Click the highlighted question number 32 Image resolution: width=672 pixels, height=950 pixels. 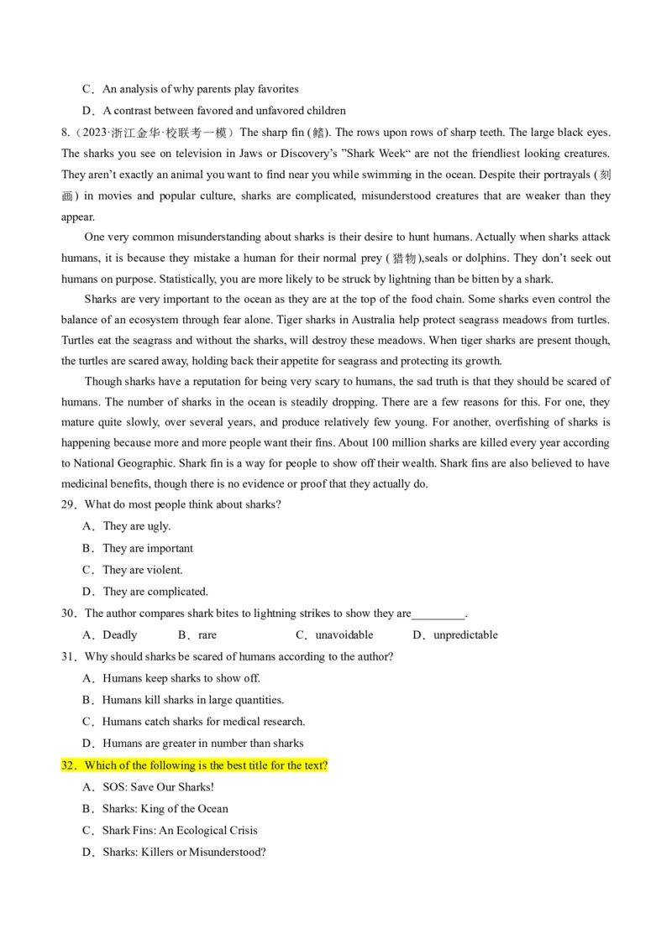pyautogui.click(x=71, y=765)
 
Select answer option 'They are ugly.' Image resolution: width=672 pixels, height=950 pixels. pyautogui.click(x=136, y=526)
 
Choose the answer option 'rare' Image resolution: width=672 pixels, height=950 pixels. pyautogui.click(x=207, y=634)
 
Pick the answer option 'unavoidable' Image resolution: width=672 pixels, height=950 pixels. pyautogui.click(x=344, y=634)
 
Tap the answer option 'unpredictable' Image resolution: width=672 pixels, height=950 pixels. pyautogui.click(x=465, y=634)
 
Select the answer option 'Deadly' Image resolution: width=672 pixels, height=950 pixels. pyautogui.click(x=119, y=634)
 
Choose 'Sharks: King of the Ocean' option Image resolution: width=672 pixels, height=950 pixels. pyautogui.click(x=165, y=809)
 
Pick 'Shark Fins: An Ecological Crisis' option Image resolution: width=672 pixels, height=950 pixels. pyautogui.click(x=180, y=831)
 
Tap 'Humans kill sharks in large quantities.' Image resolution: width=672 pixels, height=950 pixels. pyautogui.click(x=193, y=700)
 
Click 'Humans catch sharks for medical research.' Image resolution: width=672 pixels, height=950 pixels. pyautogui.click(x=203, y=722)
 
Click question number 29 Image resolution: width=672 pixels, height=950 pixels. pyautogui.click(x=71, y=504)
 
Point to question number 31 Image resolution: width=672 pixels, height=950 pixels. pyautogui.click(x=71, y=656)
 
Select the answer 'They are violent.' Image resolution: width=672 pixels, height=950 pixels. pyautogui.click(x=142, y=570)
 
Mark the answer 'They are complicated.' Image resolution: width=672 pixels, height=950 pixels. pyautogui.click(x=155, y=592)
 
